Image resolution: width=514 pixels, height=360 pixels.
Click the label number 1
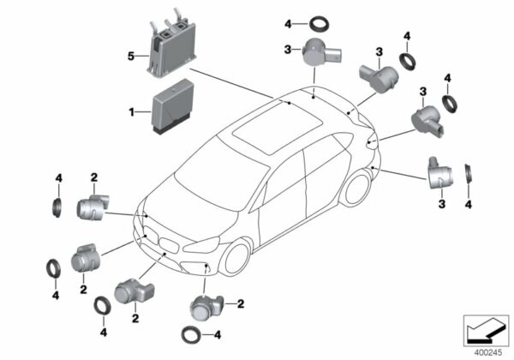[x=131, y=112]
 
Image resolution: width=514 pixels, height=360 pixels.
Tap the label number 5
[x=131, y=57]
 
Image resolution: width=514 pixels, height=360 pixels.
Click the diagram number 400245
[x=487, y=353]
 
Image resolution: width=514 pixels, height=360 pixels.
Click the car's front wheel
[x=236, y=259]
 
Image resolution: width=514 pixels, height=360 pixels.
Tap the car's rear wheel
[x=357, y=189]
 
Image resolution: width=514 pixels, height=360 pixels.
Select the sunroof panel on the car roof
[x=278, y=127]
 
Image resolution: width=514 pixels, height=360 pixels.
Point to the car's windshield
[x=220, y=174]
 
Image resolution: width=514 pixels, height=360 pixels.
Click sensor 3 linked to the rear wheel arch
[x=440, y=173]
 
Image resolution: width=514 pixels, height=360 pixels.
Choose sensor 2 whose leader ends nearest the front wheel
[x=206, y=308]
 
